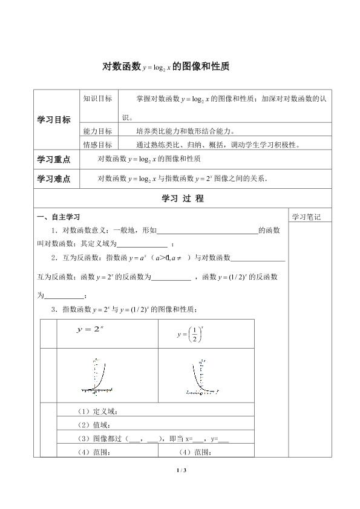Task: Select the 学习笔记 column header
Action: pos(306,217)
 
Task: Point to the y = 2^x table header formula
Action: pos(91,330)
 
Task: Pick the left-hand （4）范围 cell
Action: pos(88,452)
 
